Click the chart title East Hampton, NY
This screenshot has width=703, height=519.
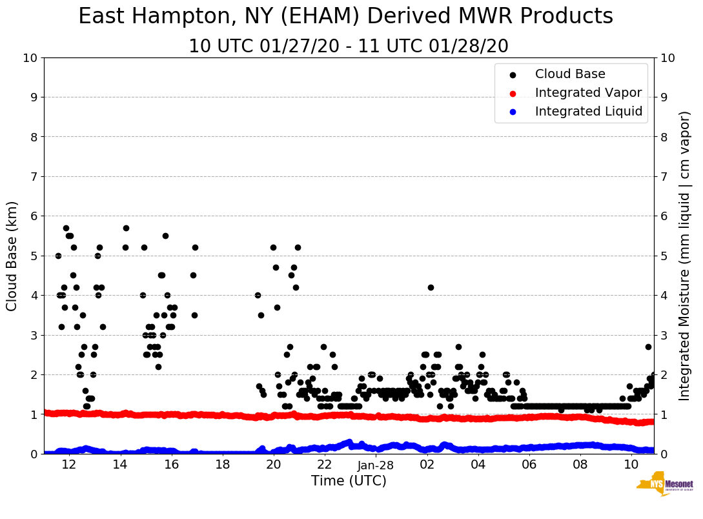pyautogui.click(x=345, y=17)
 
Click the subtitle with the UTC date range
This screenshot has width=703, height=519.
pyautogui.click(x=349, y=46)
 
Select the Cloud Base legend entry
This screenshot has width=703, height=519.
pyautogui.click(x=570, y=74)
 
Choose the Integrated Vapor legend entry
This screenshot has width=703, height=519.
pyautogui.click(x=588, y=93)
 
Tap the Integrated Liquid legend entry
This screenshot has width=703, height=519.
pyautogui.click(x=588, y=112)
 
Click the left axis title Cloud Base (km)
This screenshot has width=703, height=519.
pyautogui.click(x=12, y=256)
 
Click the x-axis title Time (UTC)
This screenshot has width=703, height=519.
pyautogui.click(x=349, y=481)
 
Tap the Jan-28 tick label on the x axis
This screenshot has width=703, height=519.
pyautogui.click(x=376, y=465)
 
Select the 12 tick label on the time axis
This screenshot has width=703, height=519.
pyautogui.click(x=68, y=465)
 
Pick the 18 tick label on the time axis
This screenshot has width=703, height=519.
pyautogui.click(x=222, y=465)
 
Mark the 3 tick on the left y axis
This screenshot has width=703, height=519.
pyautogui.click(x=34, y=335)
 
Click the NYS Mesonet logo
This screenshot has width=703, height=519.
pyautogui.click(x=664, y=487)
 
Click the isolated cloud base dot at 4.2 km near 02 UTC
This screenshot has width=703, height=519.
pyautogui.click(x=431, y=287)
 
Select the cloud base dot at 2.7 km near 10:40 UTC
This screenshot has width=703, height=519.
pyautogui.click(x=648, y=347)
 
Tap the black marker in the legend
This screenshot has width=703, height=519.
pyautogui.click(x=513, y=74)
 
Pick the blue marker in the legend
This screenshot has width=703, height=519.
pyautogui.click(x=513, y=112)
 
